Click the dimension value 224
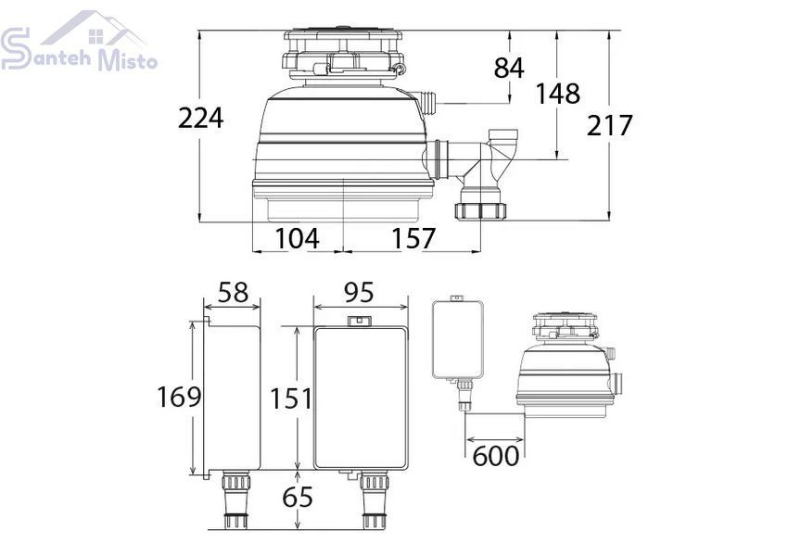[x=200, y=119]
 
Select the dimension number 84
[x=509, y=68]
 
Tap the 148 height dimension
[x=557, y=94]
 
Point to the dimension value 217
[x=609, y=125]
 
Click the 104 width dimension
[x=297, y=238]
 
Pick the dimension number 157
[x=413, y=238]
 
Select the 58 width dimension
[x=234, y=292]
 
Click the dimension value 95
[x=359, y=292]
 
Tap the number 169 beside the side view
[x=179, y=397]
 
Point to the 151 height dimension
[x=291, y=398]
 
